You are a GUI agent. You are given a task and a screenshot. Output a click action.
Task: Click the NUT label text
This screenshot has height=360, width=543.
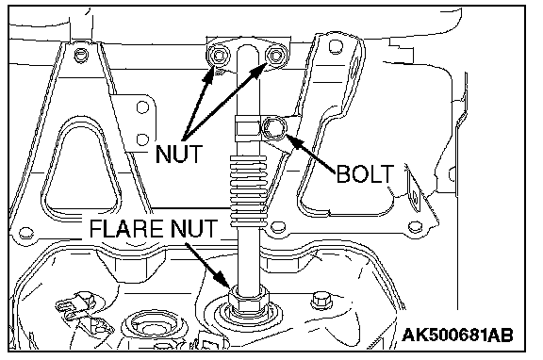179,154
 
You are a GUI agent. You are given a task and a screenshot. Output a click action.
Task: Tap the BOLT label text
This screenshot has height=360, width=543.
365,173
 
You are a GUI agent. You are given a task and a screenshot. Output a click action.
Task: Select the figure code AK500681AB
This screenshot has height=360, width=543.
457,335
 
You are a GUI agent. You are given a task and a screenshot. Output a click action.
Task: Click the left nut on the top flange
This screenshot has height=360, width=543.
219,56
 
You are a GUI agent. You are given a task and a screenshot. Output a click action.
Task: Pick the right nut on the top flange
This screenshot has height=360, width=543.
275,56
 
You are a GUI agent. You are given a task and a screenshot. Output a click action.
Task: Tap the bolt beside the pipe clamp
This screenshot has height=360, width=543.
274,128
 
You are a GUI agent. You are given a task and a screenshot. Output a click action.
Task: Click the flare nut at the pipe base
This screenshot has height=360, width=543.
248,302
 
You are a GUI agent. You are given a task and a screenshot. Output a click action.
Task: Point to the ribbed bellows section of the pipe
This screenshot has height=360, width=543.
249,190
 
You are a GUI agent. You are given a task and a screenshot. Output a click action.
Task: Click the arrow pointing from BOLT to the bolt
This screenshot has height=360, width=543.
310,154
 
